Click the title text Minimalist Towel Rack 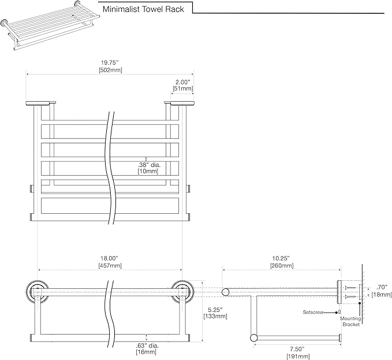pos(143,9)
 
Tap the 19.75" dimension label pos(110,63)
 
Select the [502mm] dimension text pos(110,70)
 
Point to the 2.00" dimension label pos(183,82)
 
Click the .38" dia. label pos(148,165)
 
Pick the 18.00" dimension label pos(109,258)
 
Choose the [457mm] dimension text pos(110,265)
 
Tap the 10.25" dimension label pos(281,258)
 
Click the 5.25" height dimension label pos(215,310)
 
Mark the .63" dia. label pos(147,346)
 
